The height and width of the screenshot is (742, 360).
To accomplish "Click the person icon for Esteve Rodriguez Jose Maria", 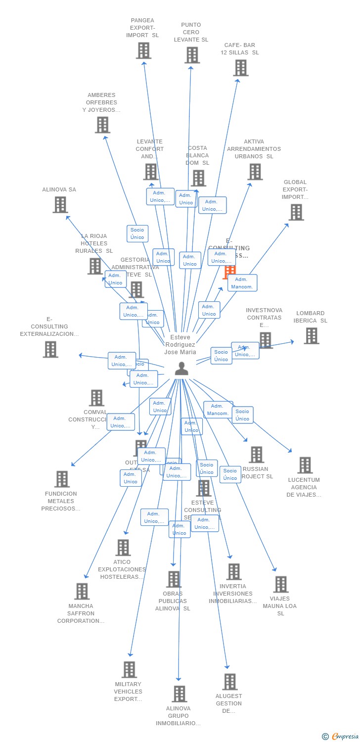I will tap(181, 369).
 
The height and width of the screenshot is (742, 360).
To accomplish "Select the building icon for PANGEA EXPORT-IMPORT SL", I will tap(143, 51).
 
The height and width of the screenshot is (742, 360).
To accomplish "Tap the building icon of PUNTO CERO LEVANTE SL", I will tap(192, 55).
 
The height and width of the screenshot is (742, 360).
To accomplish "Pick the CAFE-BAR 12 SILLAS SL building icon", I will tap(240, 68).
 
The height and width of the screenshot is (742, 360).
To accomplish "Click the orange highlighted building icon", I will tap(229, 272).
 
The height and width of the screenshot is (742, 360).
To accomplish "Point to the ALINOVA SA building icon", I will tap(60, 205).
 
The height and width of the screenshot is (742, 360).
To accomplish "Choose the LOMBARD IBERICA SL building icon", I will tap(311, 336).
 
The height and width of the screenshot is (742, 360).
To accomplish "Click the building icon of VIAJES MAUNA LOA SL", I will tap(280, 585).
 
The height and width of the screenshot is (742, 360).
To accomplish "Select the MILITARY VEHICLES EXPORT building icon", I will tap(129, 670).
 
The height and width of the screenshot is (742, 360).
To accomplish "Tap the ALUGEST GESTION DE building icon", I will tap(229, 682).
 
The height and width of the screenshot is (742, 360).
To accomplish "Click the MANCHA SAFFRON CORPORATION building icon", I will tap(82, 591).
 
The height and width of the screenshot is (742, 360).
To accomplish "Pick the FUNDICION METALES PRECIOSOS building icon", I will tap(62, 479).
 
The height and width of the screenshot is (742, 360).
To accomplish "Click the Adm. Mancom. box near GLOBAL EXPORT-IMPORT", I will tap(242, 283).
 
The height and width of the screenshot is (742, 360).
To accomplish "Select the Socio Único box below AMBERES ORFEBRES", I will tap(137, 233).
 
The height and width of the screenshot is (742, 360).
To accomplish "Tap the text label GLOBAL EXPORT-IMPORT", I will tap(295, 189).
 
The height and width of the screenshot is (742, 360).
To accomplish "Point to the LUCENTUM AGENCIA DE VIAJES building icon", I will tap(305, 465).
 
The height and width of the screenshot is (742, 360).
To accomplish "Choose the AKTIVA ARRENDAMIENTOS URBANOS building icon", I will tap(255, 172).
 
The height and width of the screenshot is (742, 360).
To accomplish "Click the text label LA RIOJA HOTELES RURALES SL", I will tap(94, 243).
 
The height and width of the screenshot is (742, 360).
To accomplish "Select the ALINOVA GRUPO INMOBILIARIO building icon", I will tap(179, 694).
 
